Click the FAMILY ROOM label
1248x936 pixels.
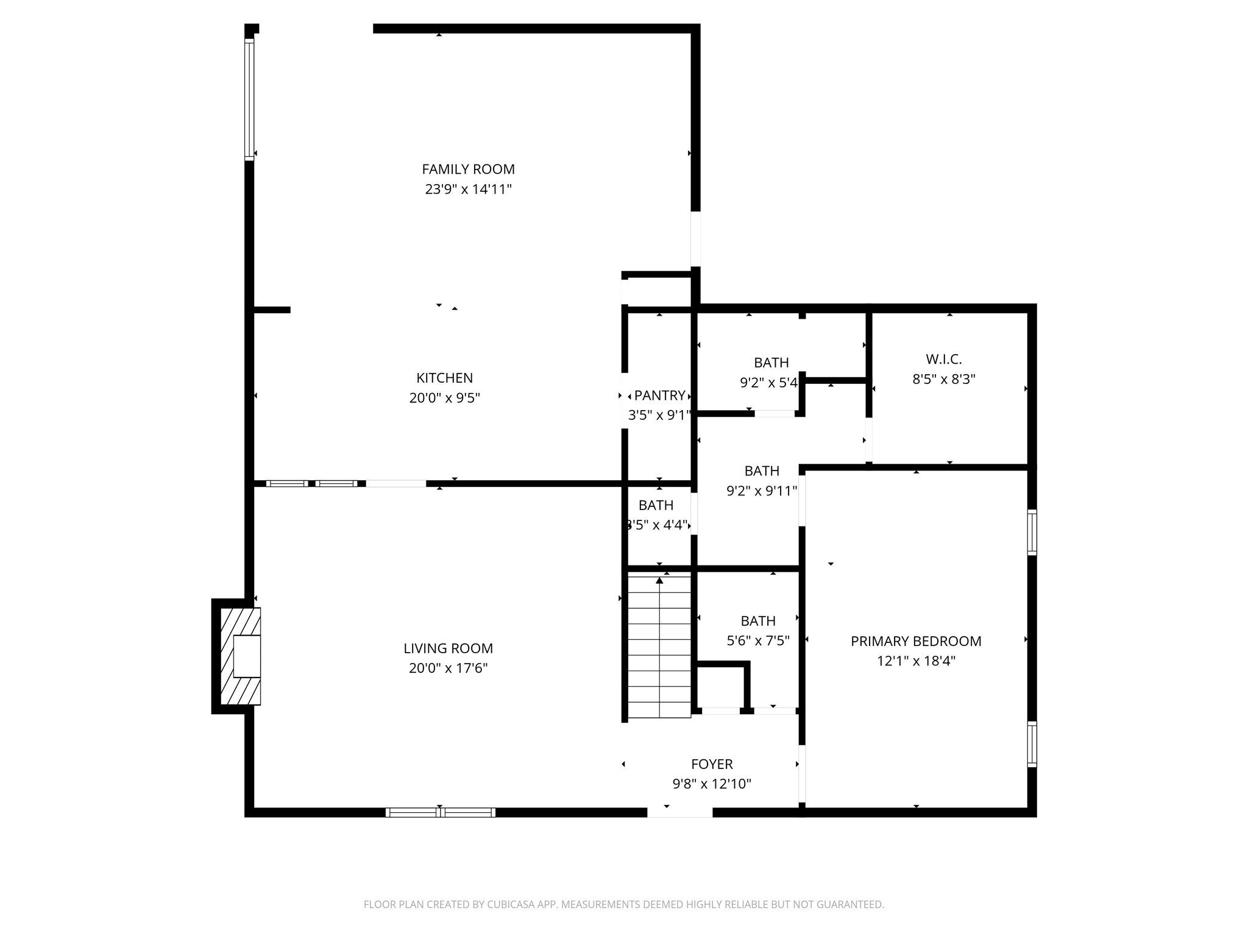click(468, 169)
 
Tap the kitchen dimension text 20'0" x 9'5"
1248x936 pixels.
click(444, 398)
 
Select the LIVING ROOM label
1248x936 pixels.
click(448, 648)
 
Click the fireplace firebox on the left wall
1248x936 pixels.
click(246, 656)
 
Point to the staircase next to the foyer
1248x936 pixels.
click(659, 646)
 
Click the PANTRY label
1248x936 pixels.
click(659, 395)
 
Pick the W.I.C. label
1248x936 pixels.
click(943, 360)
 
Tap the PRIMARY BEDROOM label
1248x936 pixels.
click(915, 641)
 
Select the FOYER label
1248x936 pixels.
click(712, 764)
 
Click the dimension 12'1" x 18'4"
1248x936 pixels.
click(915, 661)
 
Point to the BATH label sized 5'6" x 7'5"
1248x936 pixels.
click(758, 621)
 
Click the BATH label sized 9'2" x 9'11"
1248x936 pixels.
click(762, 471)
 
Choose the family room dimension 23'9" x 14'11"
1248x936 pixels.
click(468, 190)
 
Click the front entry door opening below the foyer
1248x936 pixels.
click(679, 812)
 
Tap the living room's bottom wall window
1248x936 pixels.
click(441, 812)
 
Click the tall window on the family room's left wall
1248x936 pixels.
click(249, 99)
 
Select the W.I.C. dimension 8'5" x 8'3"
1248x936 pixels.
click(943, 379)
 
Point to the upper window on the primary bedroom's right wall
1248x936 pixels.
click(1032, 532)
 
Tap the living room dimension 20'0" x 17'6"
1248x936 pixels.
click(448, 668)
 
